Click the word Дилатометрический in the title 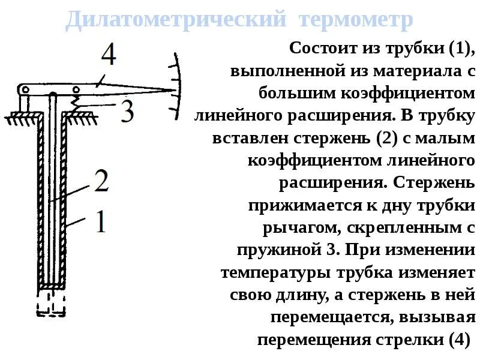point(174,20)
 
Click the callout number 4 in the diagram point(108,56)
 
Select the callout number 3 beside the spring point(127,112)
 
